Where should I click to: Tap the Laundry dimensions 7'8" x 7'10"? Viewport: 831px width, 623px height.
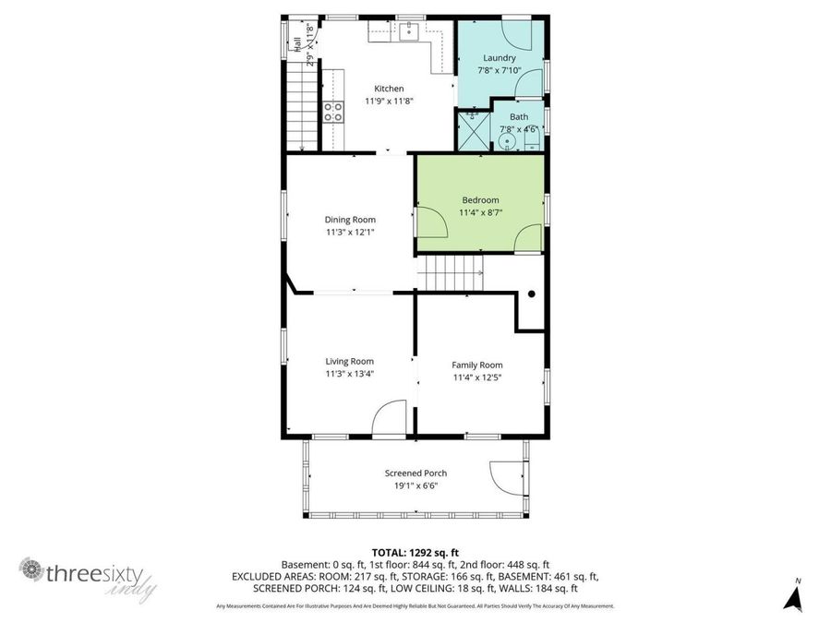500,70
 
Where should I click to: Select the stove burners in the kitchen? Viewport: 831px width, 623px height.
332,112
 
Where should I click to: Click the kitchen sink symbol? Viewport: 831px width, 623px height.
408,33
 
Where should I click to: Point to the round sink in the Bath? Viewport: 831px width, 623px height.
519,142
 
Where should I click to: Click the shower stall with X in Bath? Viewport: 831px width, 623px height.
472,131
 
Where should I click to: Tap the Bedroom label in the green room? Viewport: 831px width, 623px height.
480,200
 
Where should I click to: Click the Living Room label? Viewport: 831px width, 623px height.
349,361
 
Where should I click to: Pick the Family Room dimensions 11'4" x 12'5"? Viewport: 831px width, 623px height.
477,377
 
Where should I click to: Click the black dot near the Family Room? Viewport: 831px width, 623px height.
532,294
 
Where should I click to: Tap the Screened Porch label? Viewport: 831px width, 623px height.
415,473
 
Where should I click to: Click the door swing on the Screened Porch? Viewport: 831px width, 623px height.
504,475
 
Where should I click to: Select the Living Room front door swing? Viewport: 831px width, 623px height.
389,417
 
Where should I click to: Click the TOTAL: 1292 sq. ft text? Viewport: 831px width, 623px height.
415,552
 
